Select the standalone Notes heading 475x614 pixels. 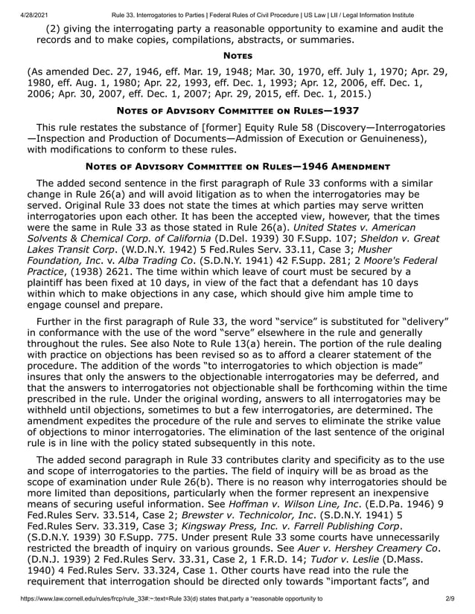click(237, 56)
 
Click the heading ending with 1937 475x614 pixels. click(237, 111)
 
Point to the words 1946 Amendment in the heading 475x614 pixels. click(339, 166)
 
